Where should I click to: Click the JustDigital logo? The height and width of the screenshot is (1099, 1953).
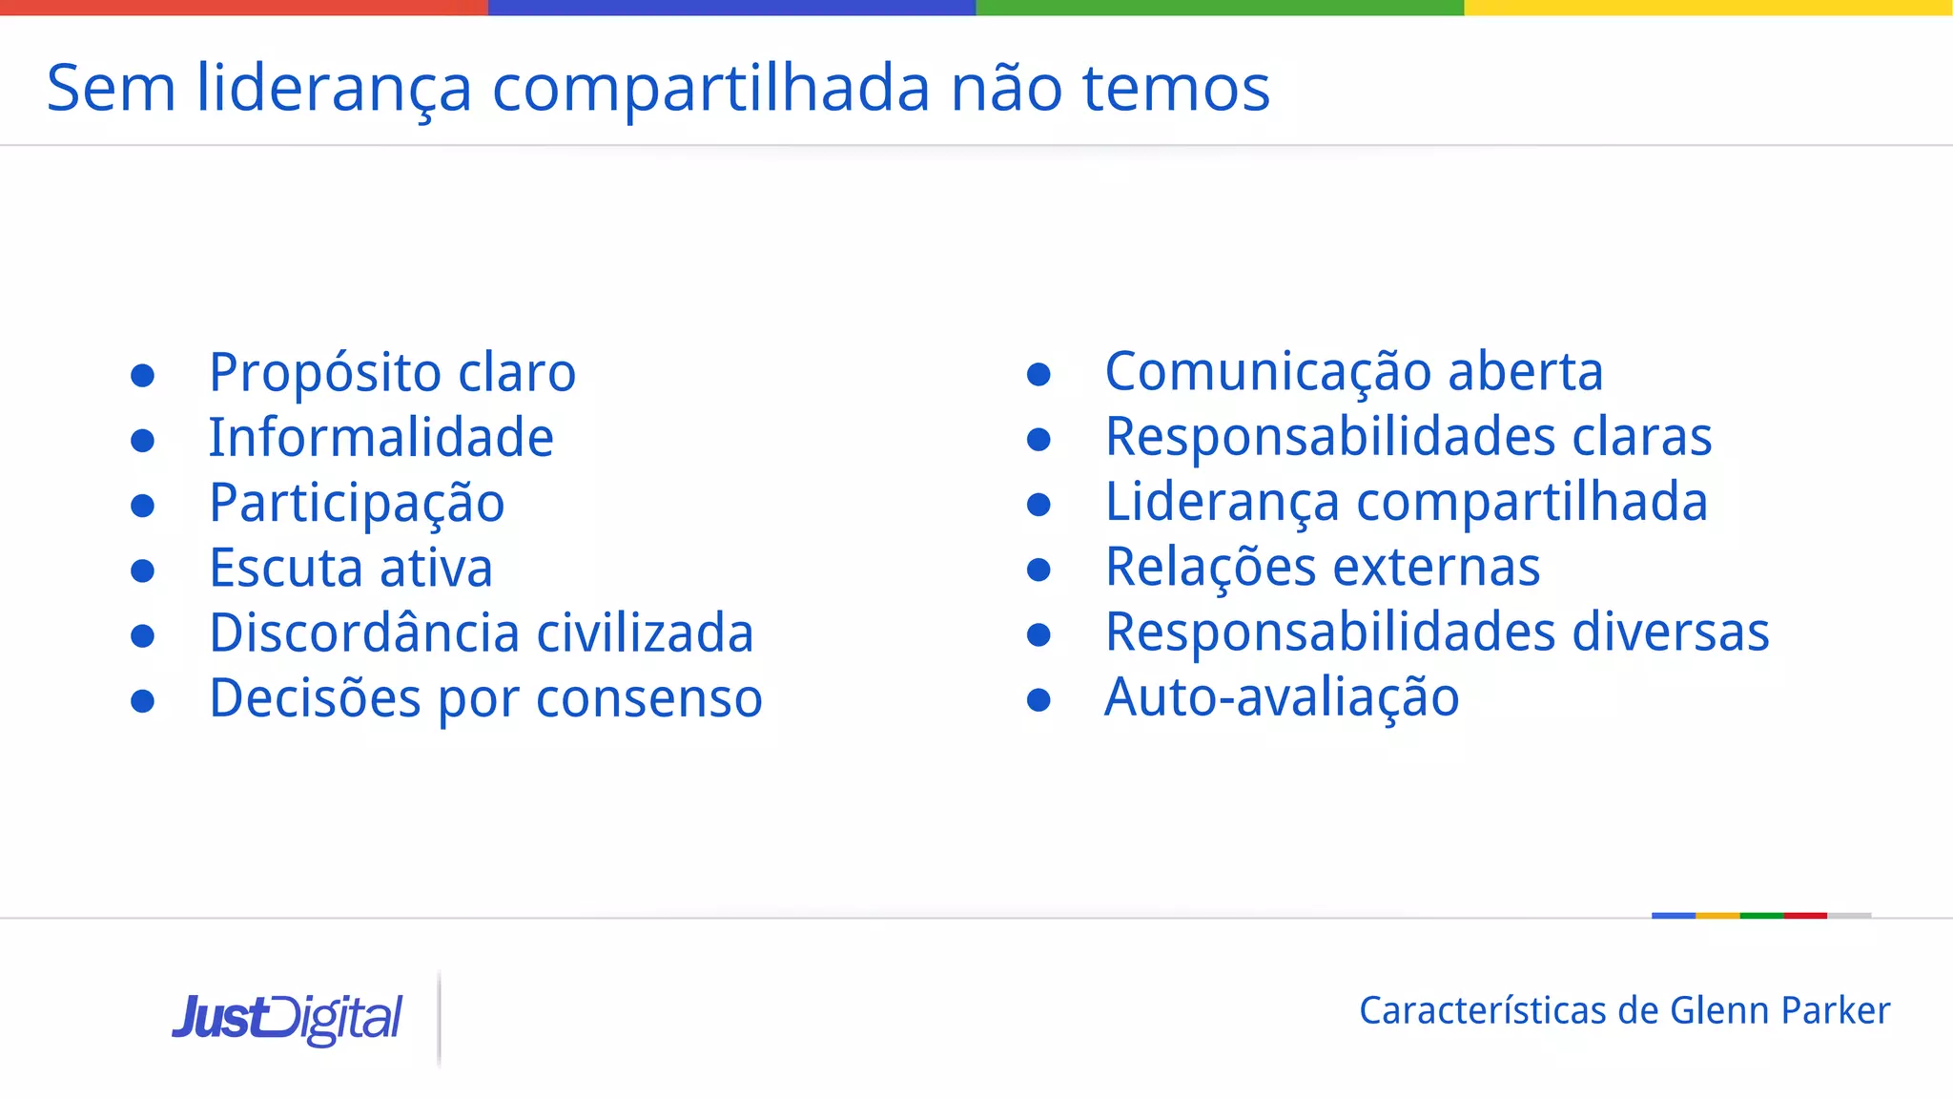tap(287, 1019)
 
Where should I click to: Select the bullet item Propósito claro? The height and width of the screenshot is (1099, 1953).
tap(392, 372)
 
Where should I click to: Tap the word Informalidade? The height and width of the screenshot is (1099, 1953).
tap(381, 438)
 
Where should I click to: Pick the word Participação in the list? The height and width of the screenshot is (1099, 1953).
tap(357, 503)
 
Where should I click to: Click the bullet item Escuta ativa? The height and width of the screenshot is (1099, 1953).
tap(351, 569)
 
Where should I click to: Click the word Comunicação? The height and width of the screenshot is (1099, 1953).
tap(1267, 371)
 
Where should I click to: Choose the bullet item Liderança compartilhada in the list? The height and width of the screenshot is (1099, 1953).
tap(1406, 502)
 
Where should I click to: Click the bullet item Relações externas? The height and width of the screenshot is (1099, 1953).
tap(1322, 568)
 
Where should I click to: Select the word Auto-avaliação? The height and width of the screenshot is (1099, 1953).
tap(1282, 697)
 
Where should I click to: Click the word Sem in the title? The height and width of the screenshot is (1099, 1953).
tap(112, 88)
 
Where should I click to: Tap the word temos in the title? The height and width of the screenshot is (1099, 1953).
tap(1176, 88)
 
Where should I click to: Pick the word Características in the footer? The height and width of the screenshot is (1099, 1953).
tap(1483, 1010)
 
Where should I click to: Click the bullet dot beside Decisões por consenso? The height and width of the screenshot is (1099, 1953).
tap(143, 701)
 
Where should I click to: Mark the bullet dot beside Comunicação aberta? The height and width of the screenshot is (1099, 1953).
tap(1038, 374)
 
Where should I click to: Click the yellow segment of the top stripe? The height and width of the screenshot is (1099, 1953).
tap(1708, 8)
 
